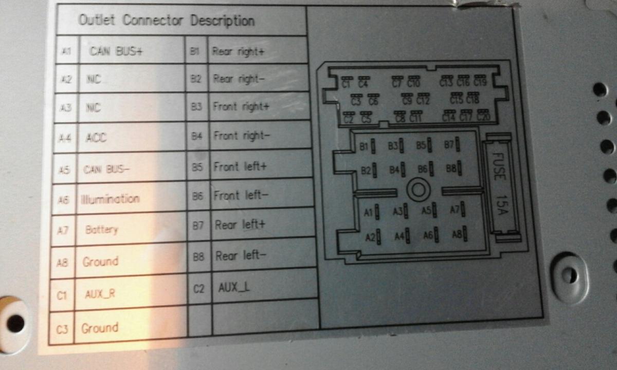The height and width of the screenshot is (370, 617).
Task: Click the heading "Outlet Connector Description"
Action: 166,21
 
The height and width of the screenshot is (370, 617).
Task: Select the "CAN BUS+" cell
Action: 116,51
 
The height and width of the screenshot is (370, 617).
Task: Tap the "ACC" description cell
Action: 96,138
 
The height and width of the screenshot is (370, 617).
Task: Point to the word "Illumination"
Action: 110,199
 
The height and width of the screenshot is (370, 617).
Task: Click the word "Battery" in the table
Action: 102,229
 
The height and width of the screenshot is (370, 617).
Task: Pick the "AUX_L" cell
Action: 234,287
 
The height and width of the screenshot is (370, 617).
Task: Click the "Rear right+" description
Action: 238,51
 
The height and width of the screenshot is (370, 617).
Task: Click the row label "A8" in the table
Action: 62,263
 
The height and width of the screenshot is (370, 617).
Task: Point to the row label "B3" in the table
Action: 196,107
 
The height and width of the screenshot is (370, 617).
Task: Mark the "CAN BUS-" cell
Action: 107,169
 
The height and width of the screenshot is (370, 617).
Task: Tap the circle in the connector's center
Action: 418,190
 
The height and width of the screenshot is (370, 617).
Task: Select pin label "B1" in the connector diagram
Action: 364,147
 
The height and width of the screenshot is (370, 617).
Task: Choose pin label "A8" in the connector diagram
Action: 456,235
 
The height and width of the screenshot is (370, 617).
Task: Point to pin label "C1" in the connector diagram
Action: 347,83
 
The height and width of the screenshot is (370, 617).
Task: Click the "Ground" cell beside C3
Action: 100,327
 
